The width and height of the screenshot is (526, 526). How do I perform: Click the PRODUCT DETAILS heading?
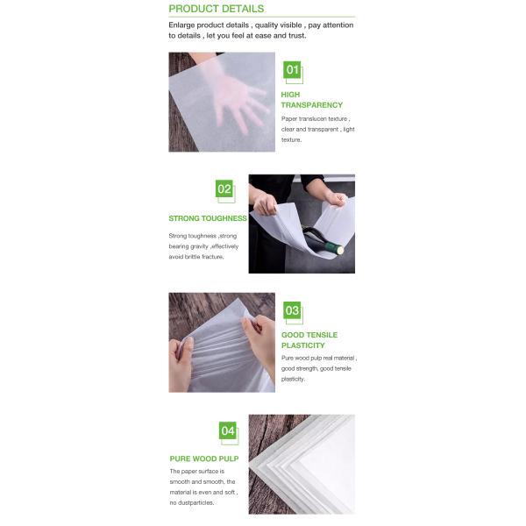(x=216, y=9)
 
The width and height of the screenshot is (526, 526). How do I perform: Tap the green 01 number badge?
(x=292, y=70)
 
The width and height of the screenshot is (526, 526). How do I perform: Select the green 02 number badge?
(x=224, y=188)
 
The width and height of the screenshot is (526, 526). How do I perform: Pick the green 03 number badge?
(x=292, y=310)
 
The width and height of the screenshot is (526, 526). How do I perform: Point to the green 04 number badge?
(x=227, y=430)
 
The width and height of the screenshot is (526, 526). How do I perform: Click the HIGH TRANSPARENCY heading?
(x=311, y=100)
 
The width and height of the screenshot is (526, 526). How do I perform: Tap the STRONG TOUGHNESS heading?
(x=208, y=218)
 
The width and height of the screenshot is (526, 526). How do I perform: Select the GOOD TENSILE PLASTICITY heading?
(x=309, y=340)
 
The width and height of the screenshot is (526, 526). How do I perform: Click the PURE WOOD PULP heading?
(x=204, y=458)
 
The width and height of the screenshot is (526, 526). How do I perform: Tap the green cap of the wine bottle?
(x=336, y=249)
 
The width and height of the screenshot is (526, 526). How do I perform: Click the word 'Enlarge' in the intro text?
(x=181, y=25)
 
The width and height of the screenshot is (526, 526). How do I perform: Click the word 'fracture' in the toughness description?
(x=213, y=257)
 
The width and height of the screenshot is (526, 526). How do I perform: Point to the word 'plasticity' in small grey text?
(x=293, y=379)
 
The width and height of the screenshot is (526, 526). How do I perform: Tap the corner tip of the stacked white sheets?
(x=250, y=466)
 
